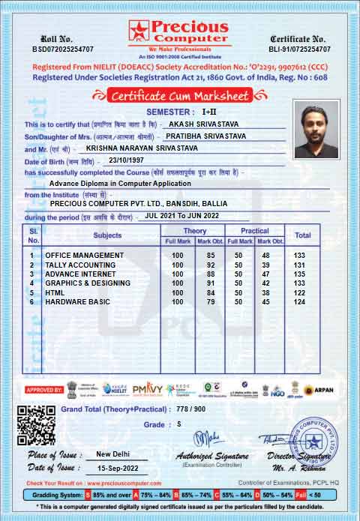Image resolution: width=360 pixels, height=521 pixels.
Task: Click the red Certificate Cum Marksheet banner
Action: tap(180, 95)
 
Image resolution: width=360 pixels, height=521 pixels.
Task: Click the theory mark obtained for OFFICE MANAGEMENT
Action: tap(211, 256)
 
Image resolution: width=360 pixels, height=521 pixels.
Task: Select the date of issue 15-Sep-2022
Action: tap(121, 468)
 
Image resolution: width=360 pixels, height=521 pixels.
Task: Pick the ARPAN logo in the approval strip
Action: tap(319, 390)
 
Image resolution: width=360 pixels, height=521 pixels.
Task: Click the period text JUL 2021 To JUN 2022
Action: tap(182, 216)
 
